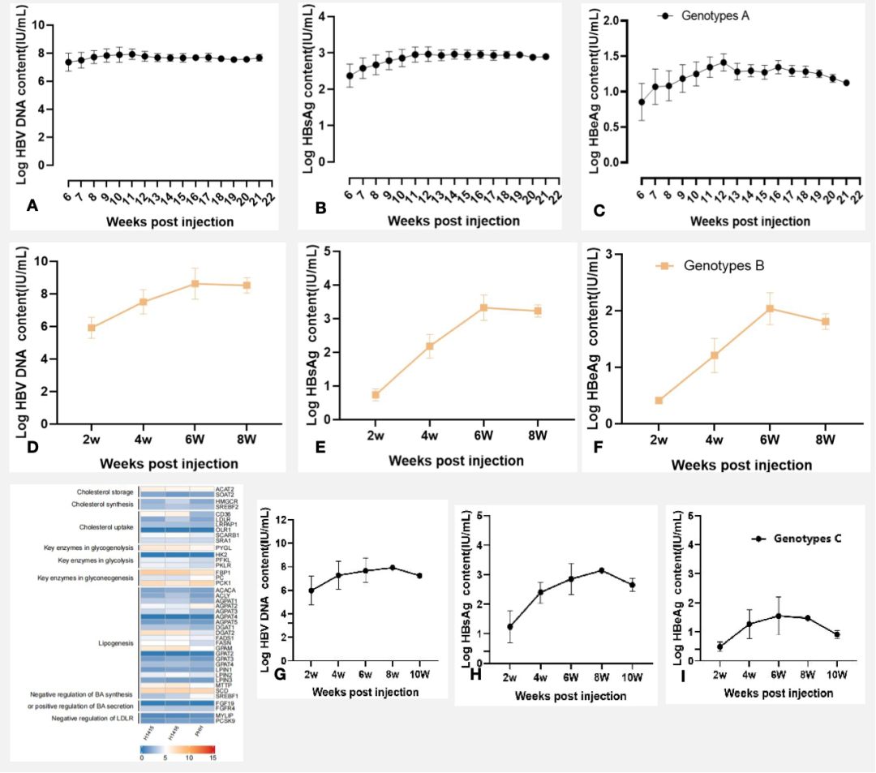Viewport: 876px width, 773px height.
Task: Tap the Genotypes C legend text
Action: (x=805, y=539)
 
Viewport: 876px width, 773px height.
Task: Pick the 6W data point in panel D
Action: (x=195, y=284)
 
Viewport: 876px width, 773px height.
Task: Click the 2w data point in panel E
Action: (x=376, y=395)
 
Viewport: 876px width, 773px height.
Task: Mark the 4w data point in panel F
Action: (x=714, y=355)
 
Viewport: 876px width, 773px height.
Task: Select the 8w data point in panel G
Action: (x=393, y=568)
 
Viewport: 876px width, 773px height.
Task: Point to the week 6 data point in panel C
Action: (x=642, y=102)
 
